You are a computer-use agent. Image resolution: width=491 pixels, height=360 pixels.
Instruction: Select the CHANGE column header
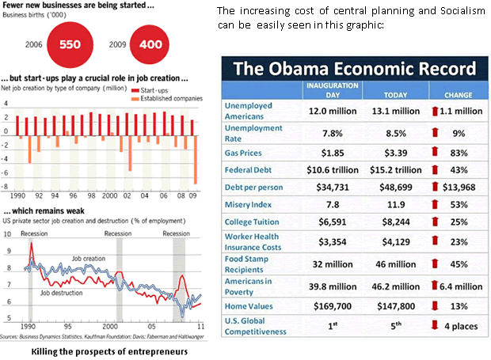point(454,89)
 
